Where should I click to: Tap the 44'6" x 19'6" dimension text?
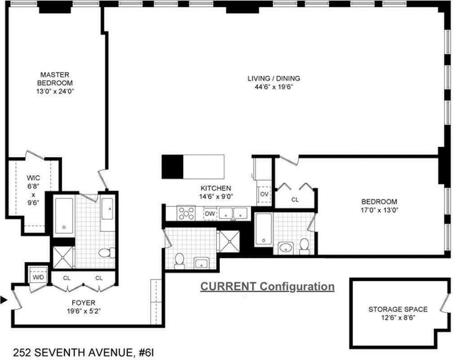[273, 87]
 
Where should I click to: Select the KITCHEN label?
[216, 188]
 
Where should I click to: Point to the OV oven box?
[264, 194]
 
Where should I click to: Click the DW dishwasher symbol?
[210, 214]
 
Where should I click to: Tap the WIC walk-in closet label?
[33, 178]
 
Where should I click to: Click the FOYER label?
[84, 302]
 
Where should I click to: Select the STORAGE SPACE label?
[398, 309]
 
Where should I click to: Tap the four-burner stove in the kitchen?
[186, 213]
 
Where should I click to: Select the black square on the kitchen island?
[173, 166]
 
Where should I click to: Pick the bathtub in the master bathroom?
[64, 216]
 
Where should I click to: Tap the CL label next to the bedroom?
[294, 199]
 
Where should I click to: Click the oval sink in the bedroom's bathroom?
[286, 247]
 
